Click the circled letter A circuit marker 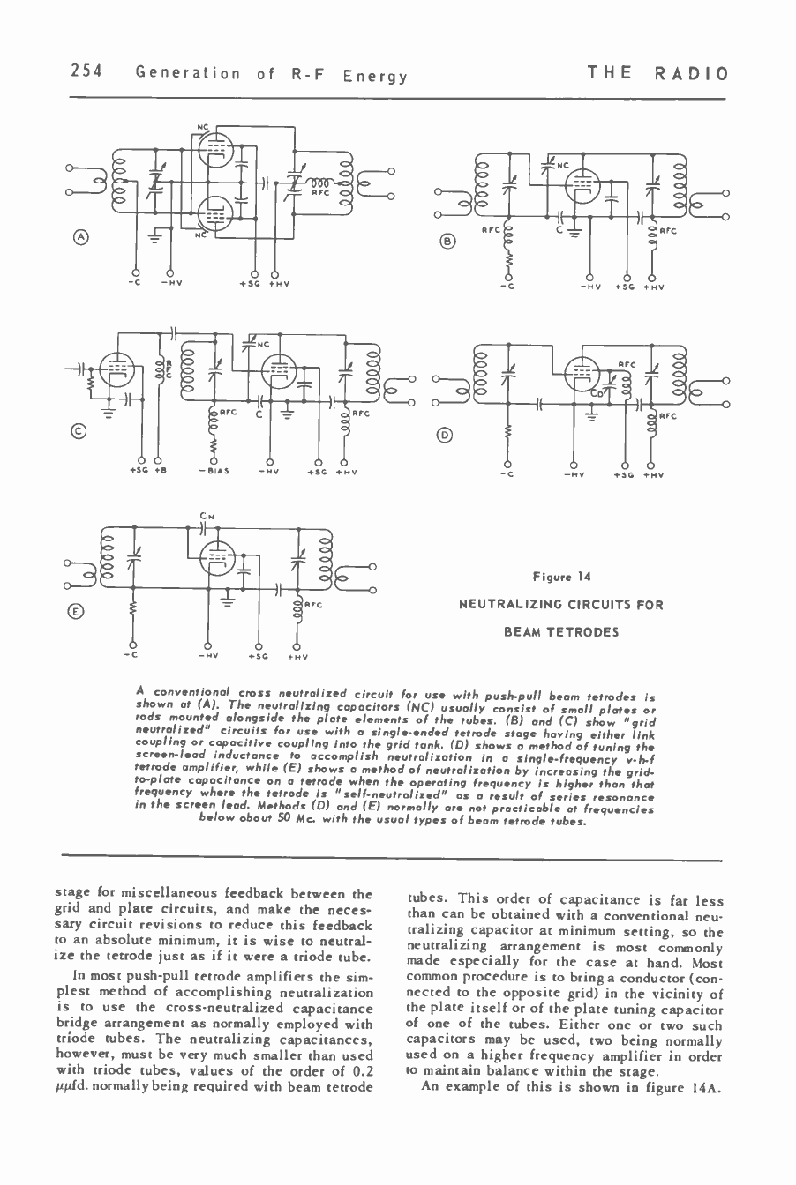coord(80,236)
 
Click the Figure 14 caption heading coord(560,577)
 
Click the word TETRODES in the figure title coord(560,631)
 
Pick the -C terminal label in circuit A coord(135,283)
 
